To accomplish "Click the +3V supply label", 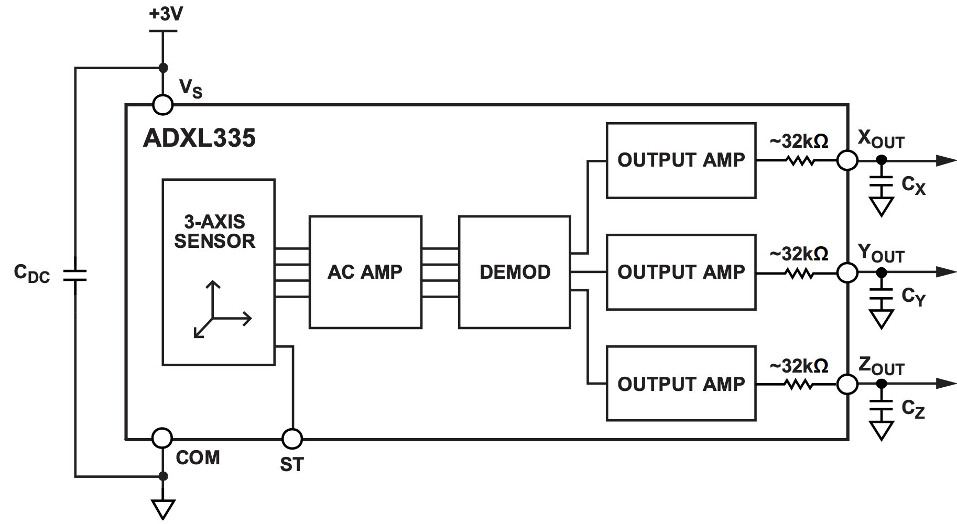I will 166,14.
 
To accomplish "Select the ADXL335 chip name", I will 199,138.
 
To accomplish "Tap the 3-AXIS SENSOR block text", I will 215,232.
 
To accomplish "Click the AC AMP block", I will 365,272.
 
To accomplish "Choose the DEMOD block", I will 515,272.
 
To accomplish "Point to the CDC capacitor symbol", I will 75,276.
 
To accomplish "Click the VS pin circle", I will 162,105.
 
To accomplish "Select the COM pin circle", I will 162,438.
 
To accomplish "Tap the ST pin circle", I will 292,438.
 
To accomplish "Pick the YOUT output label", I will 881,254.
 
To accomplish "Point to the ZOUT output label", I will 881,366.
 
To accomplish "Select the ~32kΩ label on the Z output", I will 799,366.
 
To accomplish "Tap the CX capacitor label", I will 913,185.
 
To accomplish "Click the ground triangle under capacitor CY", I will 881,319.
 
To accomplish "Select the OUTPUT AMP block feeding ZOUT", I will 681,384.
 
